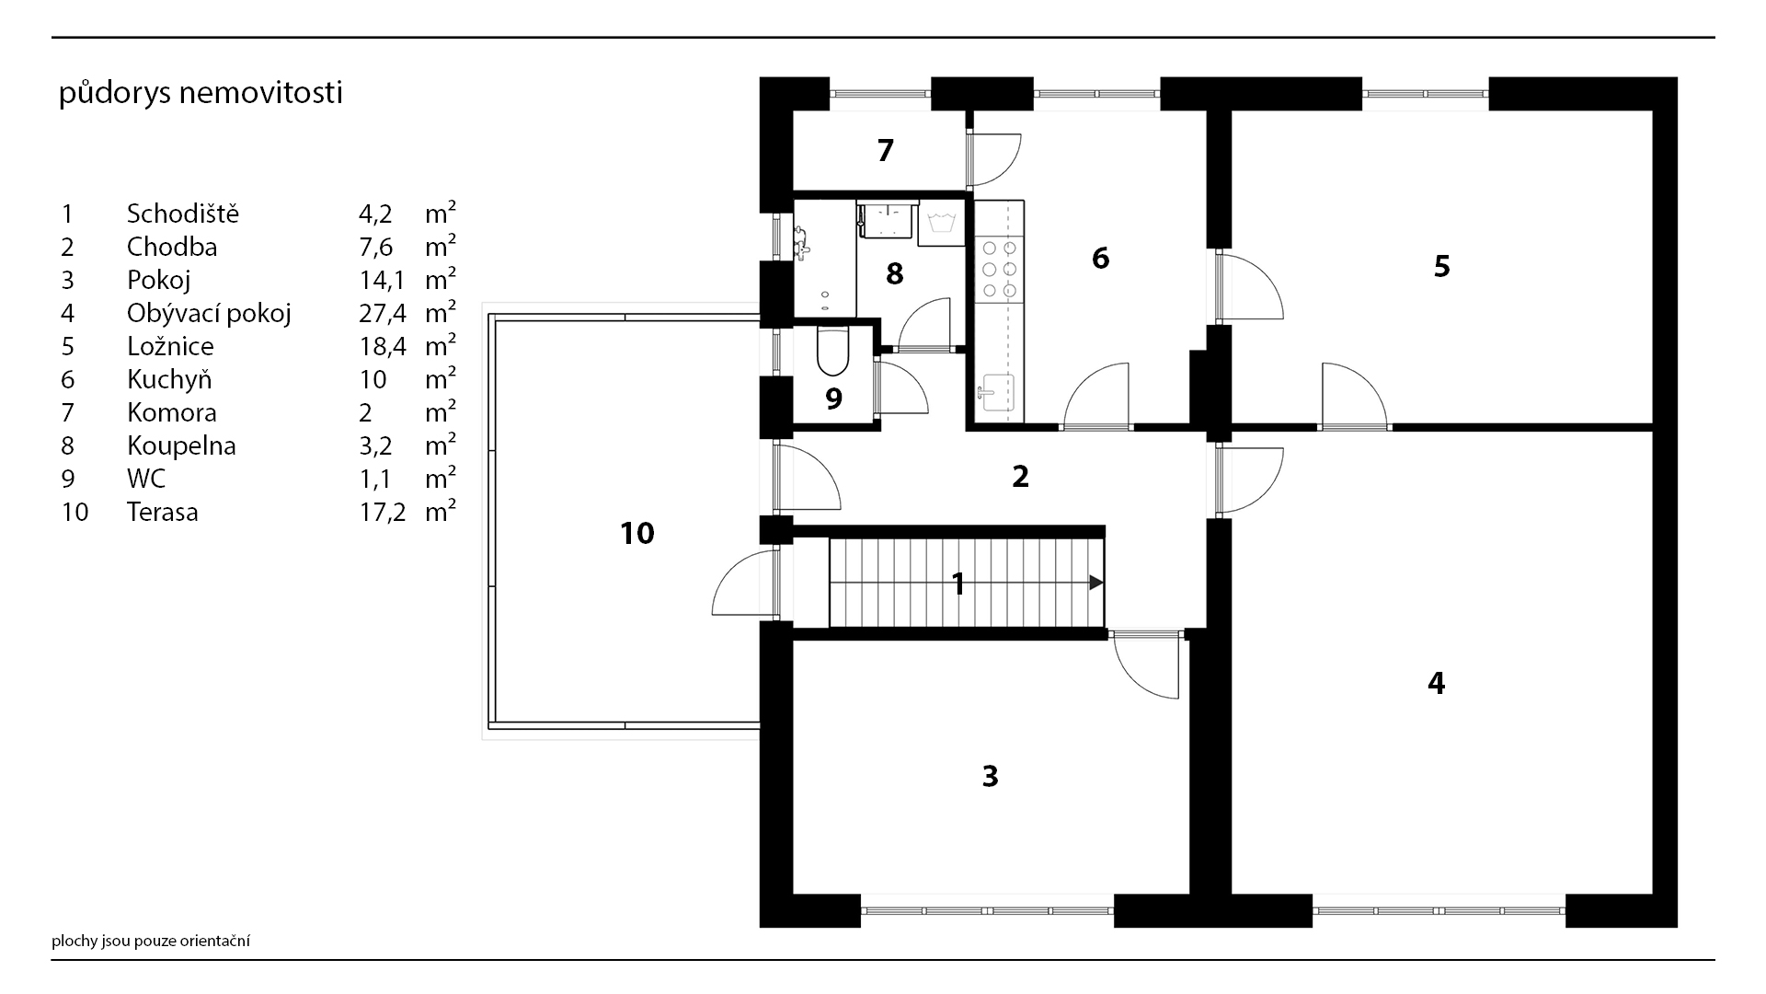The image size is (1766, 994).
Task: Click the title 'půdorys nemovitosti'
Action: point(201,94)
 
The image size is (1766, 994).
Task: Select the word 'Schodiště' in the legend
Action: point(183,214)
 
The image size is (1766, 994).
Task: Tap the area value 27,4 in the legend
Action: point(382,314)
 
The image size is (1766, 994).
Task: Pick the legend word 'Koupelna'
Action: point(181,446)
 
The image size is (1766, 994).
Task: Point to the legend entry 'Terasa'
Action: point(163,512)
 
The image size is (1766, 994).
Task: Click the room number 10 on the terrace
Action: point(637,533)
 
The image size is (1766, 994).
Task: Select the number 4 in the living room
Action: point(1436,683)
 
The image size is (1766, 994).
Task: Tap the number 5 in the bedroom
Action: point(1441,266)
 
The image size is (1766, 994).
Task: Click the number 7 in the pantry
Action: point(886,150)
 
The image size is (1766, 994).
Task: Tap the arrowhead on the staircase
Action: point(1096,582)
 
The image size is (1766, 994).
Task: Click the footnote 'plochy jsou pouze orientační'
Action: point(151,941)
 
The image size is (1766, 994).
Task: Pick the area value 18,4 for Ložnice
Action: point(382,347)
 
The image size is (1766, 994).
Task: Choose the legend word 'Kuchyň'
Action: point(169,380)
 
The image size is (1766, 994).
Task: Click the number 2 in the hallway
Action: point(1020,477)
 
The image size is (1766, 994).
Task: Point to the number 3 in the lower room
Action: point(990,776)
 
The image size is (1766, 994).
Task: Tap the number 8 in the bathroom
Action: point(894,273)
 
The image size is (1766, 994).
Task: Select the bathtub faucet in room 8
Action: point(802,242)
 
